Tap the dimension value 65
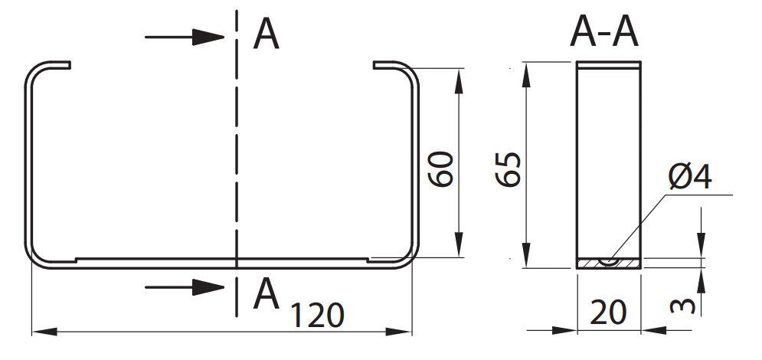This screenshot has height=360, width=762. (x=509, y=169)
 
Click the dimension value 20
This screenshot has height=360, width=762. (x=609, y=312)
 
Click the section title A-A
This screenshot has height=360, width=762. (x=604, y=33)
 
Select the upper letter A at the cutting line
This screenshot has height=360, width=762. (x=266, y=34)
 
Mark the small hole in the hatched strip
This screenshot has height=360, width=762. (x=610, y=260)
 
